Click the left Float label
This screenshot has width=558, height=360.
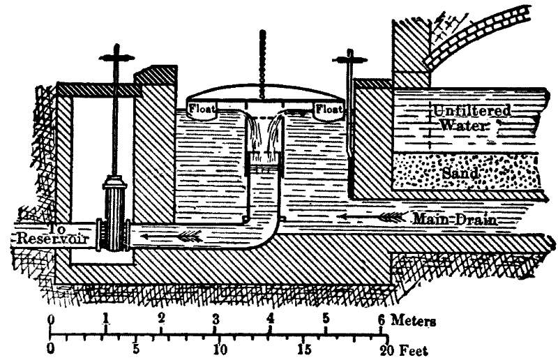point(201,108)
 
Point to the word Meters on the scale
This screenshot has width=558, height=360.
point(414,322)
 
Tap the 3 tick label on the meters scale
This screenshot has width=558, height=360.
point(216,319)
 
